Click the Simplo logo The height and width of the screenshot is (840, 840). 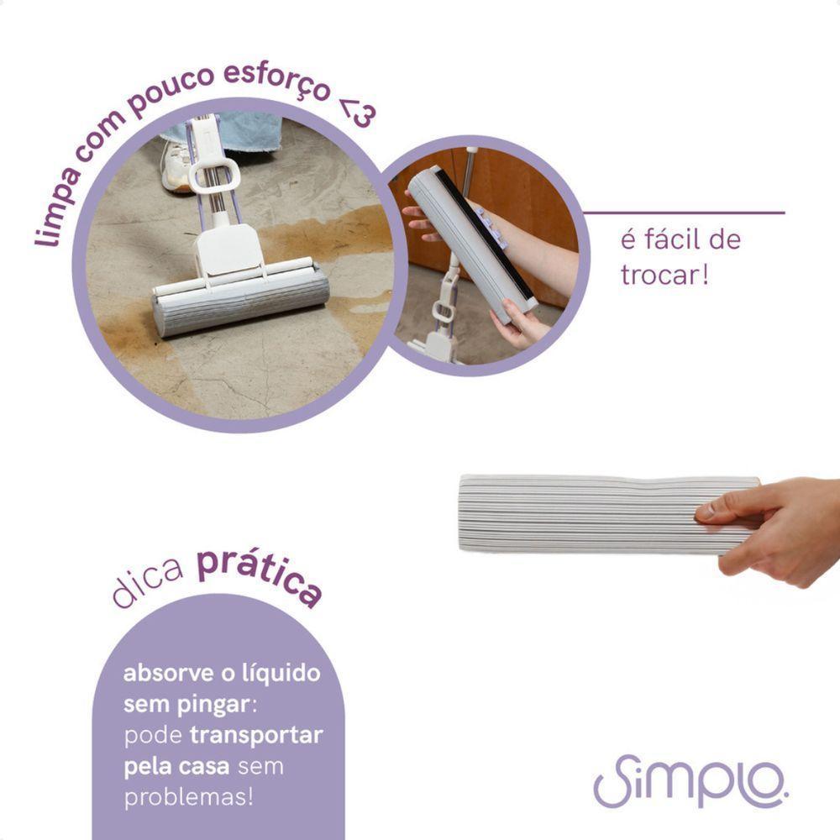690,780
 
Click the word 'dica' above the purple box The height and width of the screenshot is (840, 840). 149,586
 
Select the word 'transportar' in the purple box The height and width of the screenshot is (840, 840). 256,735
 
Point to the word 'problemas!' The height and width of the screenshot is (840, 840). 187,797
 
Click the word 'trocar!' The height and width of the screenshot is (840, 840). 664,275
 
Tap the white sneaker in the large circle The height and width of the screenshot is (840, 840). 177,166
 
